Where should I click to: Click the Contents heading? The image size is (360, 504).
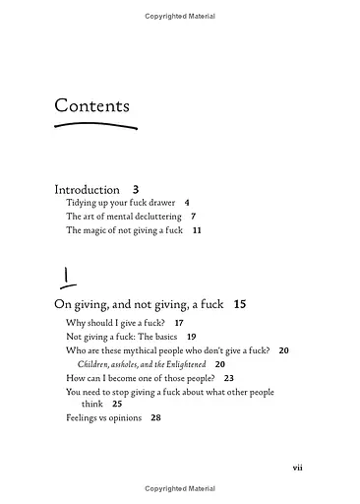(91, 105)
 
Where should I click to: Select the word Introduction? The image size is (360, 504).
(87, 189)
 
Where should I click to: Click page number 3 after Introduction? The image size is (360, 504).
(136, 189)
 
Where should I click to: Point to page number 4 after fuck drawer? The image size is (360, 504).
(186, 202)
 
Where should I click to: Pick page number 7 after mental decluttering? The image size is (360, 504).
(194, 216)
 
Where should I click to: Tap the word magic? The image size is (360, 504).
(100, 229)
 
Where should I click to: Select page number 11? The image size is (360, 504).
(197, 229)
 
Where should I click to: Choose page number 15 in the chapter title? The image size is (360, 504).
(240, 304)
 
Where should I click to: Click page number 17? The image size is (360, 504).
(178, 323)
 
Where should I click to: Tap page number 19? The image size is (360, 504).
(191, 337)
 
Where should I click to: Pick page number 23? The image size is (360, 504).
(228, 377)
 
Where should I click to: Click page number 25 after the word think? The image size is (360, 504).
(117, 404)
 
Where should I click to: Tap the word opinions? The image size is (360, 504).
(124, 417)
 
